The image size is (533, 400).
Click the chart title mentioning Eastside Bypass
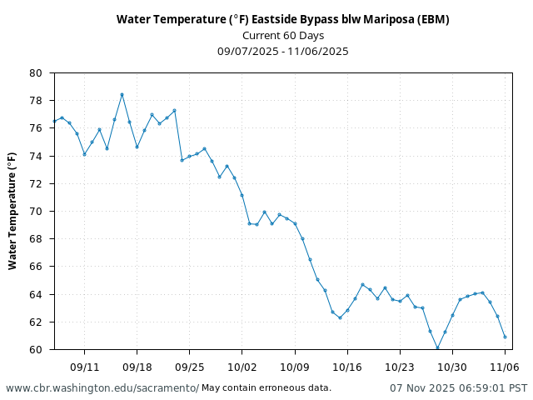(282, 19)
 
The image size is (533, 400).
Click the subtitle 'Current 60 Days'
(282, 35)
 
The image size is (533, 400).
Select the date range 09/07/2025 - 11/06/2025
(282, 51)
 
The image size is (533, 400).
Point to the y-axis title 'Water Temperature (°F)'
(12, 210)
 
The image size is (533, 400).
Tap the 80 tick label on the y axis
(35, 73)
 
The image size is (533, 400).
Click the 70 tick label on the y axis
(35, 212)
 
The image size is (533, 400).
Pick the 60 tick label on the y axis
(35, 350)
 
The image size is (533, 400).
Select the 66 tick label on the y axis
(35, 267)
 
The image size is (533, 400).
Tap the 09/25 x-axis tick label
(189, 367)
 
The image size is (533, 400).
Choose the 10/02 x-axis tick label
(242, 367)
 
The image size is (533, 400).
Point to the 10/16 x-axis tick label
(346, 367)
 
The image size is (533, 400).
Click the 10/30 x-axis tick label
(452, 367)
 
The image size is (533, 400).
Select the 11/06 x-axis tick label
(505, 367)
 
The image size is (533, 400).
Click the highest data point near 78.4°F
(122, 94)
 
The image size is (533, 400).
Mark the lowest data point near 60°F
(437, 348)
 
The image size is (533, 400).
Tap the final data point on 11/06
(505, 337)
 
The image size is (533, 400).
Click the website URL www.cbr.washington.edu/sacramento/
(102, 388)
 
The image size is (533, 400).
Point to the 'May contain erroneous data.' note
(266, 388)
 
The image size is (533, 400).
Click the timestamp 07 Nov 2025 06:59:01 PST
(458, 388)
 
